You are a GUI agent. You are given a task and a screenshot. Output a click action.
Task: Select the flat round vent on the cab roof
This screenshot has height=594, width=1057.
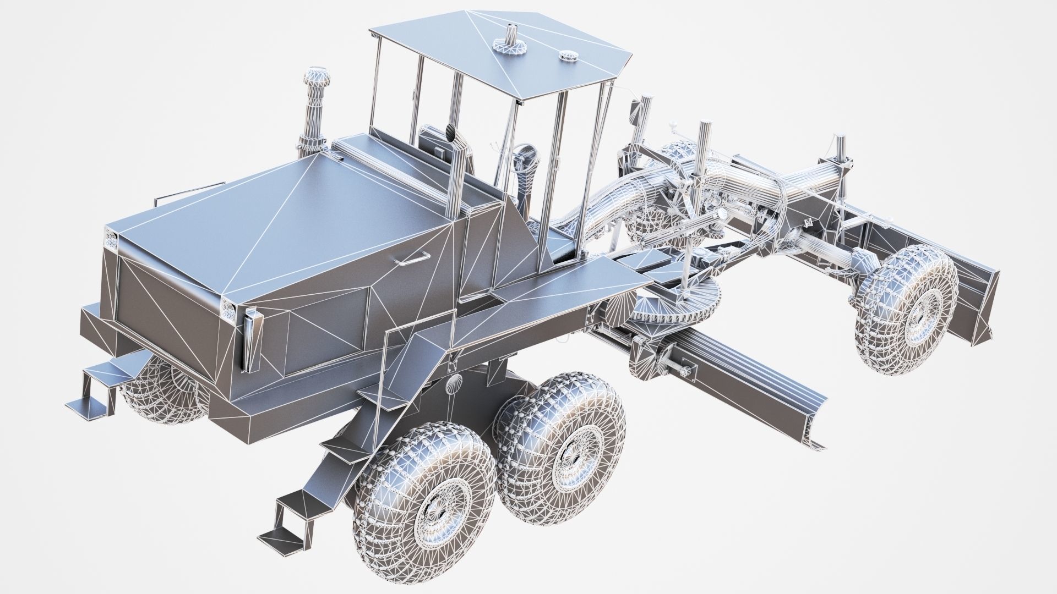tap(566, 55)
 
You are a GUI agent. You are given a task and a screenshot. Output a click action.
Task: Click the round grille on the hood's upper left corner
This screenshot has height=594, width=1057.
tap(111, 239)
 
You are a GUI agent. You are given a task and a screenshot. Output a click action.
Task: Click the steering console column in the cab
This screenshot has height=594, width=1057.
tap(523, 165)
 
